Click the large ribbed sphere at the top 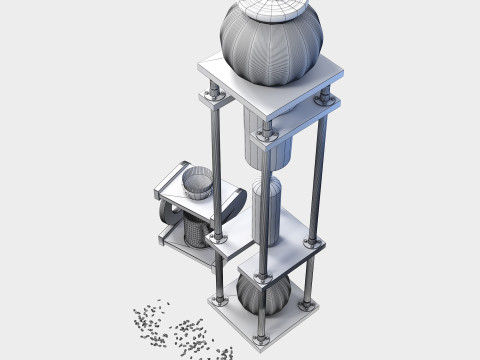271,45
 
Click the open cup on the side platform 198,183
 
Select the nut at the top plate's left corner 212,95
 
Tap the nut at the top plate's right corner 324,99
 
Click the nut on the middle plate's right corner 313,243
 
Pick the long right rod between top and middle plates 319,170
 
